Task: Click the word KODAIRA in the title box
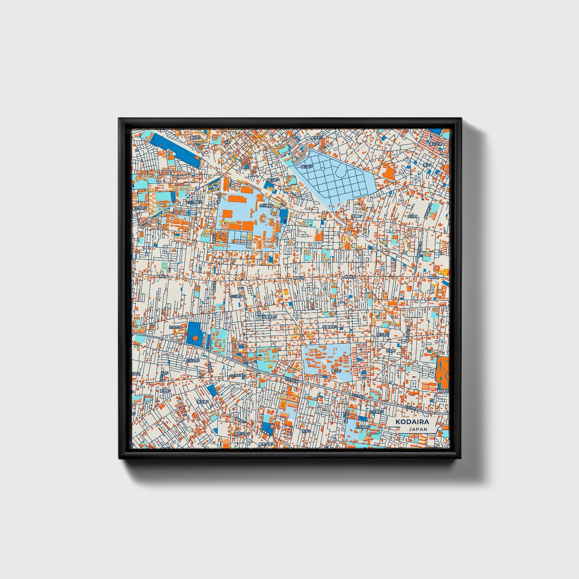point(412,422)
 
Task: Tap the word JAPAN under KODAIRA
point(418,429)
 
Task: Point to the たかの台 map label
point(175,327)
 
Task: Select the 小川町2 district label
point(236,297)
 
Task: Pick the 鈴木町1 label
point(381,334)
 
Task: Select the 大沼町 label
point(412,216)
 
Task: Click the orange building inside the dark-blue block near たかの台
point(196,339)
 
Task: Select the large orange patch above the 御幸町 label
point(442,369)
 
